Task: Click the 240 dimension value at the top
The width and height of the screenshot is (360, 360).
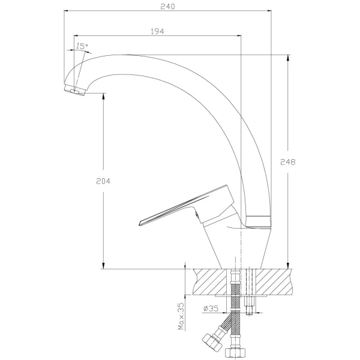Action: (167, 7)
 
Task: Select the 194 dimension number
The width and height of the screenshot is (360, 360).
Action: (157, 31)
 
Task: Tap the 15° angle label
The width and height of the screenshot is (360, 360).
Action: (82, 46)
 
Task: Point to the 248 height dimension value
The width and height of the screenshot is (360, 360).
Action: (287, 162)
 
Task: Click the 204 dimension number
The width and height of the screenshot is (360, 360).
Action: (103, 181)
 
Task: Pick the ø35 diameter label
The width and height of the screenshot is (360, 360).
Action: (211, 308)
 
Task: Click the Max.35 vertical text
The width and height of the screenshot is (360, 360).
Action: (181, 316)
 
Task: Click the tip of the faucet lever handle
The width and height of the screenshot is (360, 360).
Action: (139, 223)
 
